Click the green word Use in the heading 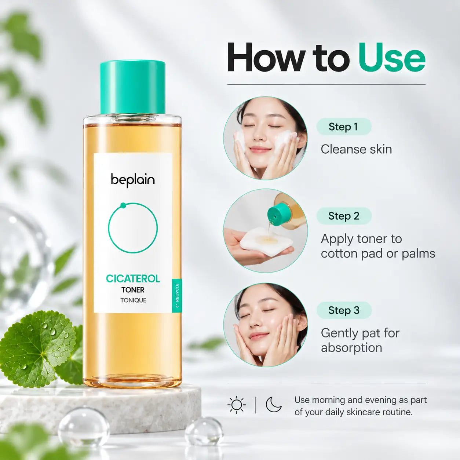(x=392, y=58)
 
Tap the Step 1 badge (x=344, y=127)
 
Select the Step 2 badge (x=344, y=216)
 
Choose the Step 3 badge (x=344, y=310)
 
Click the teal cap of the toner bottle (x=132, y=87)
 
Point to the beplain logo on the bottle (x=133, y=180)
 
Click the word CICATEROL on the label (x=133, y=278)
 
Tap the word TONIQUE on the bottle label (x=133, y=300)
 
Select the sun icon (x=237, y=405)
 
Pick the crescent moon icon (x=274, y=404)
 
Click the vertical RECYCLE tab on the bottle (x=177, y=295)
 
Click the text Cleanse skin (x=356, y=149)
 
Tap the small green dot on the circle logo (x=123, y=205)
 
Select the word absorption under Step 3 (x=351, y=347)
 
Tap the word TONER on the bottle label (x=133, y=290)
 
